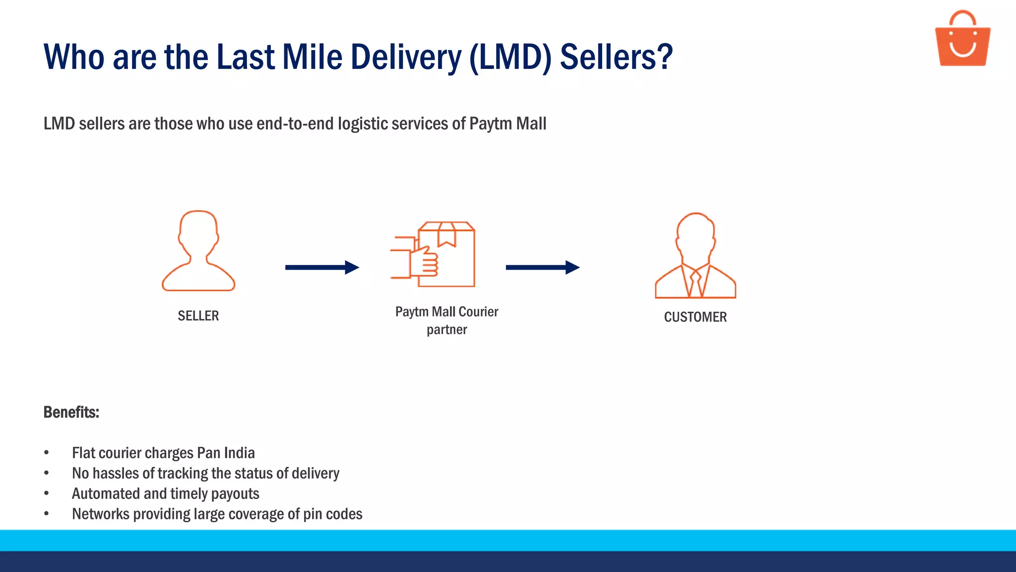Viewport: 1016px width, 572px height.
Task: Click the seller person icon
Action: point(198,251)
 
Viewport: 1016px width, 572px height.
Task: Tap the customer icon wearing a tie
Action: point(696,256)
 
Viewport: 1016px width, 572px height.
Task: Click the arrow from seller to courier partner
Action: point(322,268)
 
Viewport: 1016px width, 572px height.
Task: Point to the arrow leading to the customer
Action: point(542,268)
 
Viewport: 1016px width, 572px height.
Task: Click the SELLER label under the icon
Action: point(198,316)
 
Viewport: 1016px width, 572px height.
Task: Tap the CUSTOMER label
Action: point(695,317)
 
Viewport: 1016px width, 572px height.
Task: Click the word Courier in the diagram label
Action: point(478,312)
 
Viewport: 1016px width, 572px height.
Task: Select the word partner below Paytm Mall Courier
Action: point(446,330)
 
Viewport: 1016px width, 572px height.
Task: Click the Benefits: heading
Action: point(71,412)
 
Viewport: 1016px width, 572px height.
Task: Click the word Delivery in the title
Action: point(406,57)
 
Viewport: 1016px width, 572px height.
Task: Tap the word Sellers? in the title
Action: point(616,57)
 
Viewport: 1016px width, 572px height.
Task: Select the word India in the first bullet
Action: point(239,453)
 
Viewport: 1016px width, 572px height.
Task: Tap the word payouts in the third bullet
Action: point(235,494)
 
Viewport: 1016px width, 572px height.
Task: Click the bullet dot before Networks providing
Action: point(46,514)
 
